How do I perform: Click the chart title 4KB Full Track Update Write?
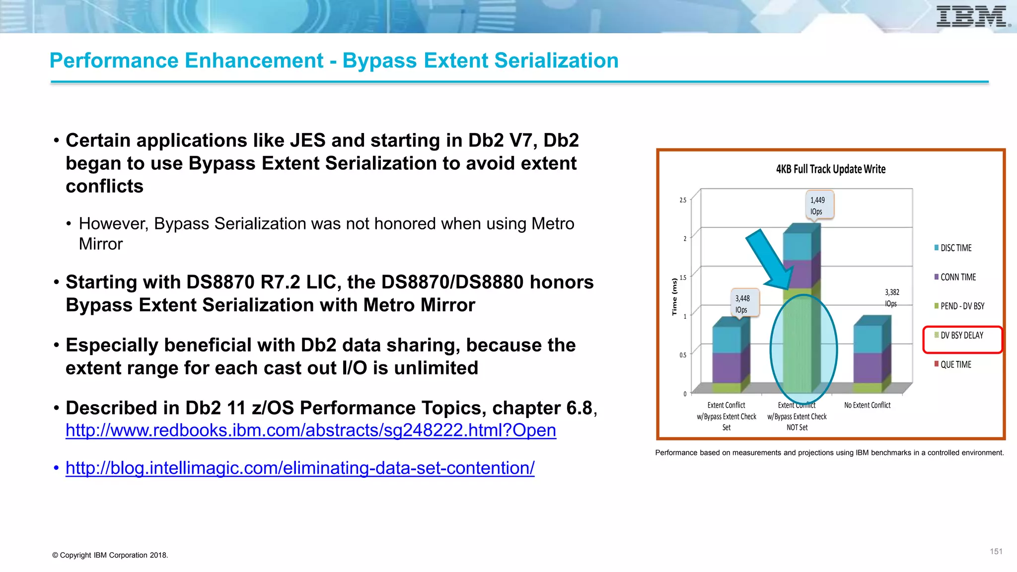click(831, 169)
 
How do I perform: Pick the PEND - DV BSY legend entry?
click(961, 306)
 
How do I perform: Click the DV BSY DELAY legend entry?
click(961, 336)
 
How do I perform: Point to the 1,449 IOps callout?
click(818, 205)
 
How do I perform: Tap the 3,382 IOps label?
click(892, 298)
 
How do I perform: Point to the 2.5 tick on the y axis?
click(683, 200)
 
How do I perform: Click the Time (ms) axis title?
click(674, 296)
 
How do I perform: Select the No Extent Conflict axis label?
click(867, 405)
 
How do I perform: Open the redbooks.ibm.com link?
click(311, 430)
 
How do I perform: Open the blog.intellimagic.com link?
click(300, 468)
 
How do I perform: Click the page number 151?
click(996, 552)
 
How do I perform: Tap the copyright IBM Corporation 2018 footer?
click(110, 555)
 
